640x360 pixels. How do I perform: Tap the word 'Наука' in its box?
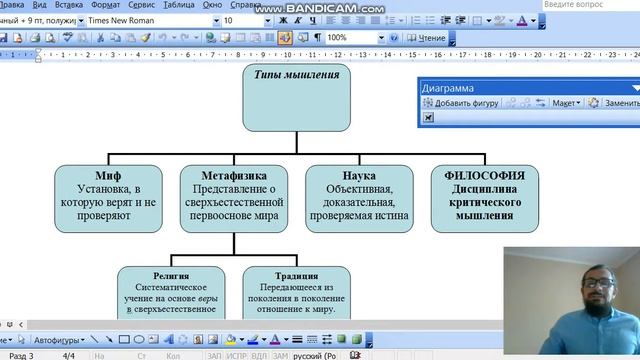359,175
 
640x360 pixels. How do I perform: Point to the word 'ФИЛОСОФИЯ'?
484,175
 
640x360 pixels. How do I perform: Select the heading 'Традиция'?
296,275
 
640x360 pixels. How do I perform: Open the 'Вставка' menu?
69,5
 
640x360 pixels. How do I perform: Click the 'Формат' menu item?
106,5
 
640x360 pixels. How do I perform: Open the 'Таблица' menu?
179,5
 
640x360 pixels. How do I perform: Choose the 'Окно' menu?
213,5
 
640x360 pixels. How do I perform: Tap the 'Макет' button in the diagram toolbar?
565,103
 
